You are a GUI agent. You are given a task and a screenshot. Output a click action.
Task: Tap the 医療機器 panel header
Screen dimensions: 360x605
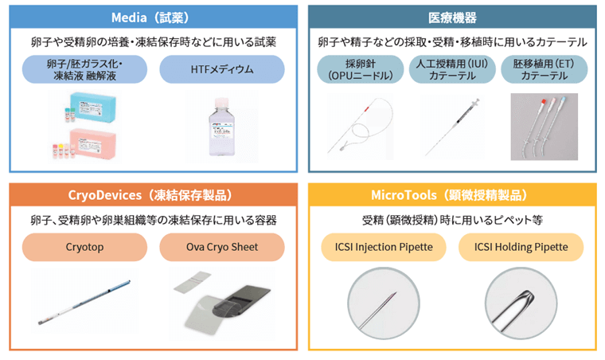452,17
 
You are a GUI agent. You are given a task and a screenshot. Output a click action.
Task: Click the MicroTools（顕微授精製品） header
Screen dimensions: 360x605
452,195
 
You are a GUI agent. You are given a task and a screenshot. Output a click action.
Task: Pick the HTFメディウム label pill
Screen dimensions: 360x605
222,69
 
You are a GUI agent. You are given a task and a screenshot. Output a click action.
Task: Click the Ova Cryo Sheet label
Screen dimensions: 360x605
222,248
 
